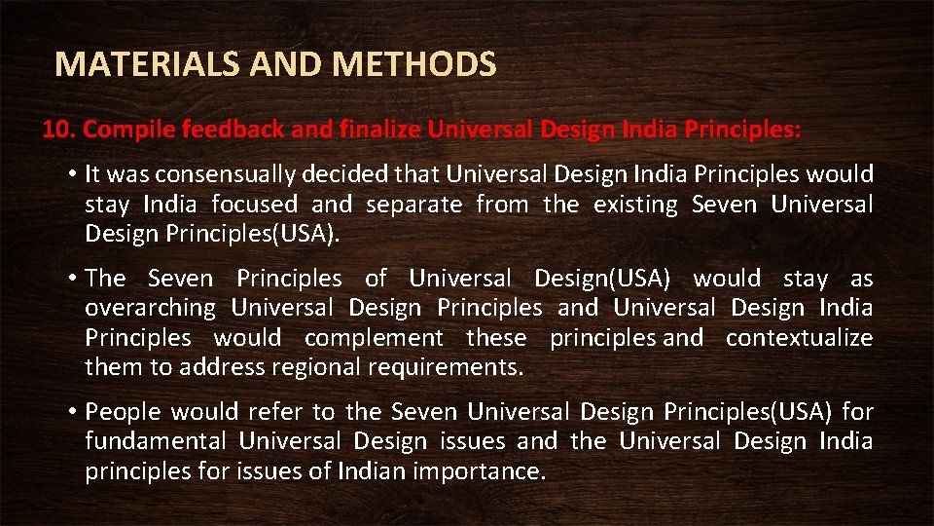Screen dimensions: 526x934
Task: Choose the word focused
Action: (x=254, y=205)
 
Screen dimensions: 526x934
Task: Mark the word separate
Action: (x=413, y=205)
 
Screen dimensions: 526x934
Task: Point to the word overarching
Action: (x=150, y=309)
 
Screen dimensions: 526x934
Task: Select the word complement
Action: (x=374, y=338)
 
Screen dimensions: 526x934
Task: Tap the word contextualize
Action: (x=799, y=338)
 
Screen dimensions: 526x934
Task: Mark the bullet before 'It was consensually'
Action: (x=73, y=174)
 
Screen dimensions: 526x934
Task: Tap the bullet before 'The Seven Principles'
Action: (x=73, y=279)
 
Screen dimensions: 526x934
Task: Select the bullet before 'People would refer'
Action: (x=73, y=412)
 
